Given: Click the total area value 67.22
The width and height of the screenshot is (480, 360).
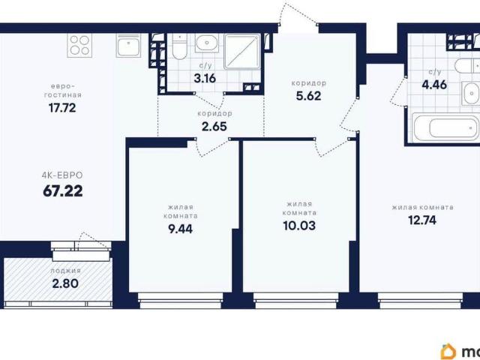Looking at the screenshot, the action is click(x=63, y=191).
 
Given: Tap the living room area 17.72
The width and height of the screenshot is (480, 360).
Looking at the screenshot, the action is click(x=62, y=108).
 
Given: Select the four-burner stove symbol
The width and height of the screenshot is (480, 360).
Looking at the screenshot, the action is click(x=79, y=45).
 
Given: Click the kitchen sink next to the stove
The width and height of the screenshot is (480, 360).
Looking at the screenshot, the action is click(x=128, y=45).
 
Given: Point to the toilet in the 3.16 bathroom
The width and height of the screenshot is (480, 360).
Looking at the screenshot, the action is click(x=179, y=46).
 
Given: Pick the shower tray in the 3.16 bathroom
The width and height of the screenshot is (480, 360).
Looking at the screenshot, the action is click(x=242, y=52).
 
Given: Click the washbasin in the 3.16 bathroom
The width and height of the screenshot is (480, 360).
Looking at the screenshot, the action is click(x=207, y=43).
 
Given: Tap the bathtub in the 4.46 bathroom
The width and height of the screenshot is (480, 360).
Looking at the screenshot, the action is click(x=446, y=128).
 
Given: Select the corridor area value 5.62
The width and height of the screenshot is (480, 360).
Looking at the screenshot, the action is click(x=308, y=96).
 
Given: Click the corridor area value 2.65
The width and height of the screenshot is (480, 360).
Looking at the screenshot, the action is click(x=214, y=127).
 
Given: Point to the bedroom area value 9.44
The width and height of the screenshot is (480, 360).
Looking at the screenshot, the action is click(x=180, y=229).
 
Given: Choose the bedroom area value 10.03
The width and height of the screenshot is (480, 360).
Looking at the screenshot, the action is click(x=299, y=226).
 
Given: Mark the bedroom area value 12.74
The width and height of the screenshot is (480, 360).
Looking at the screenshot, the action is click(x=422, y=220).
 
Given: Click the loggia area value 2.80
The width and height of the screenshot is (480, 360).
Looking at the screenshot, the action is click(x=65, y=283).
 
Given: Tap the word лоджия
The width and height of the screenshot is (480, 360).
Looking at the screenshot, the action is click(x=66, y=271).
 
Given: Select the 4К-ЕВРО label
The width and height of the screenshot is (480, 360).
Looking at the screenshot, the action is click(x=62, y=175).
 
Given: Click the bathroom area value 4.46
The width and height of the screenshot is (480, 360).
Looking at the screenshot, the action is click(x=434, y=85).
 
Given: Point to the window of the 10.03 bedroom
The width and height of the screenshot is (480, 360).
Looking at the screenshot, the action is click(x=296, y=301).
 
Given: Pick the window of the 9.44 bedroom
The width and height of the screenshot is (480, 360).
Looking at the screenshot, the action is click(x=181, y=301).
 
